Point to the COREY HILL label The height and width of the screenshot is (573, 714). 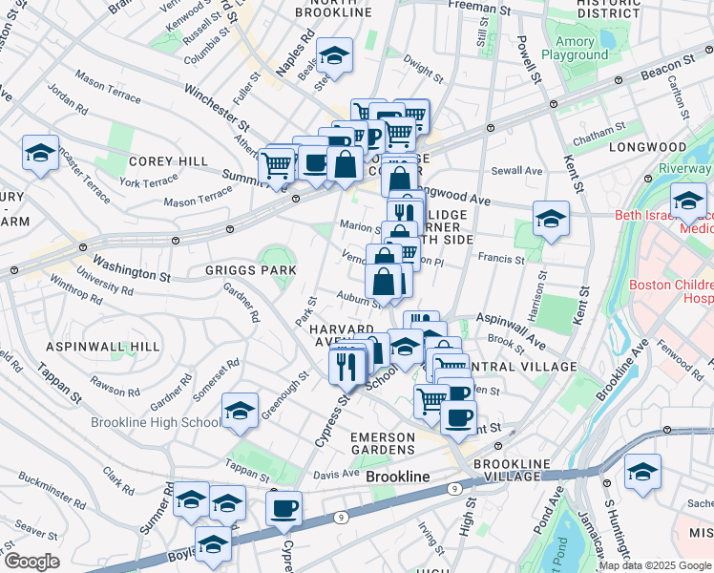pos(169,161)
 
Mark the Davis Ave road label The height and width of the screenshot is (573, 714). pos(335,474)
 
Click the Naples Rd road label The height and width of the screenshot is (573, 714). pos(305,49)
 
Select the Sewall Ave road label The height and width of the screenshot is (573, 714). pos(516,171)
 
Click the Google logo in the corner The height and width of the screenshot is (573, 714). pos(31,562)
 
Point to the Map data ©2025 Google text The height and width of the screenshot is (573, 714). pos(655,565)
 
